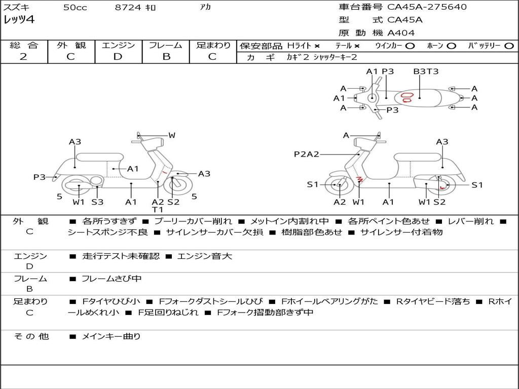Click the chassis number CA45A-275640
click(x=427, y=7)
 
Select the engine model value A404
click(x=401, y=33)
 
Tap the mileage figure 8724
click(x=129, y=8)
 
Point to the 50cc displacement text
click(x=75, y=8)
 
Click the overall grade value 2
click(x=23, y=57)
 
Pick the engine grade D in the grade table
click(x=118, y=57)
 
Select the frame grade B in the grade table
click(x=166, y=57)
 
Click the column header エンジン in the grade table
click(x=118, y=46)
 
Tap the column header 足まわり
click(x=213, y=46)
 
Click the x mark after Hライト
click(x=317, y=46)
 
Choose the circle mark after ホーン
click(x=452, y=46)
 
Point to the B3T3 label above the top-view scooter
click(x=426, y=71)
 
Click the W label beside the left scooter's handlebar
click(x=172, y=135)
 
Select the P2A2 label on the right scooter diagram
click(x=306, y=154)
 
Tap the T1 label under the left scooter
click(x=158, y=210)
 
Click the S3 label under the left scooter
click(x=97, y=202)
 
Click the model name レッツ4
click(x=19, y=20)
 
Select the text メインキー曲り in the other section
click(x=111, y=336)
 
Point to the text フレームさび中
click(x=112, y=279)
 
